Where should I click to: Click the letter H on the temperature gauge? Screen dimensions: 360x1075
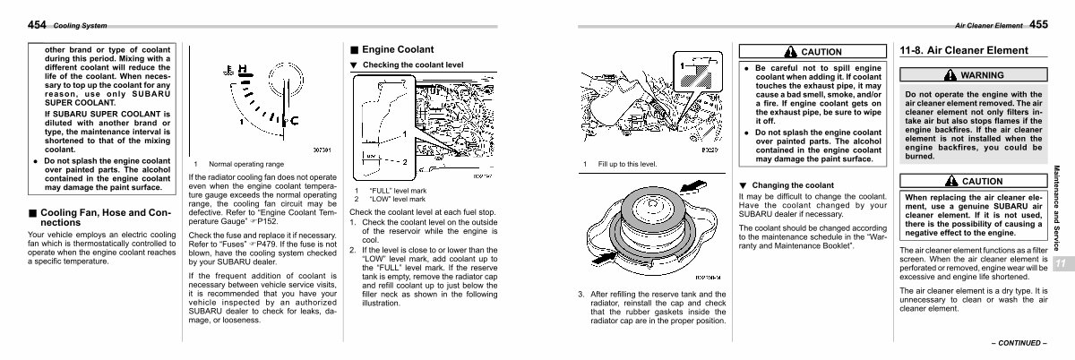(245, 68)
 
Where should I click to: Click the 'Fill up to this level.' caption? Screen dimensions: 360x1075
(627, 165)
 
